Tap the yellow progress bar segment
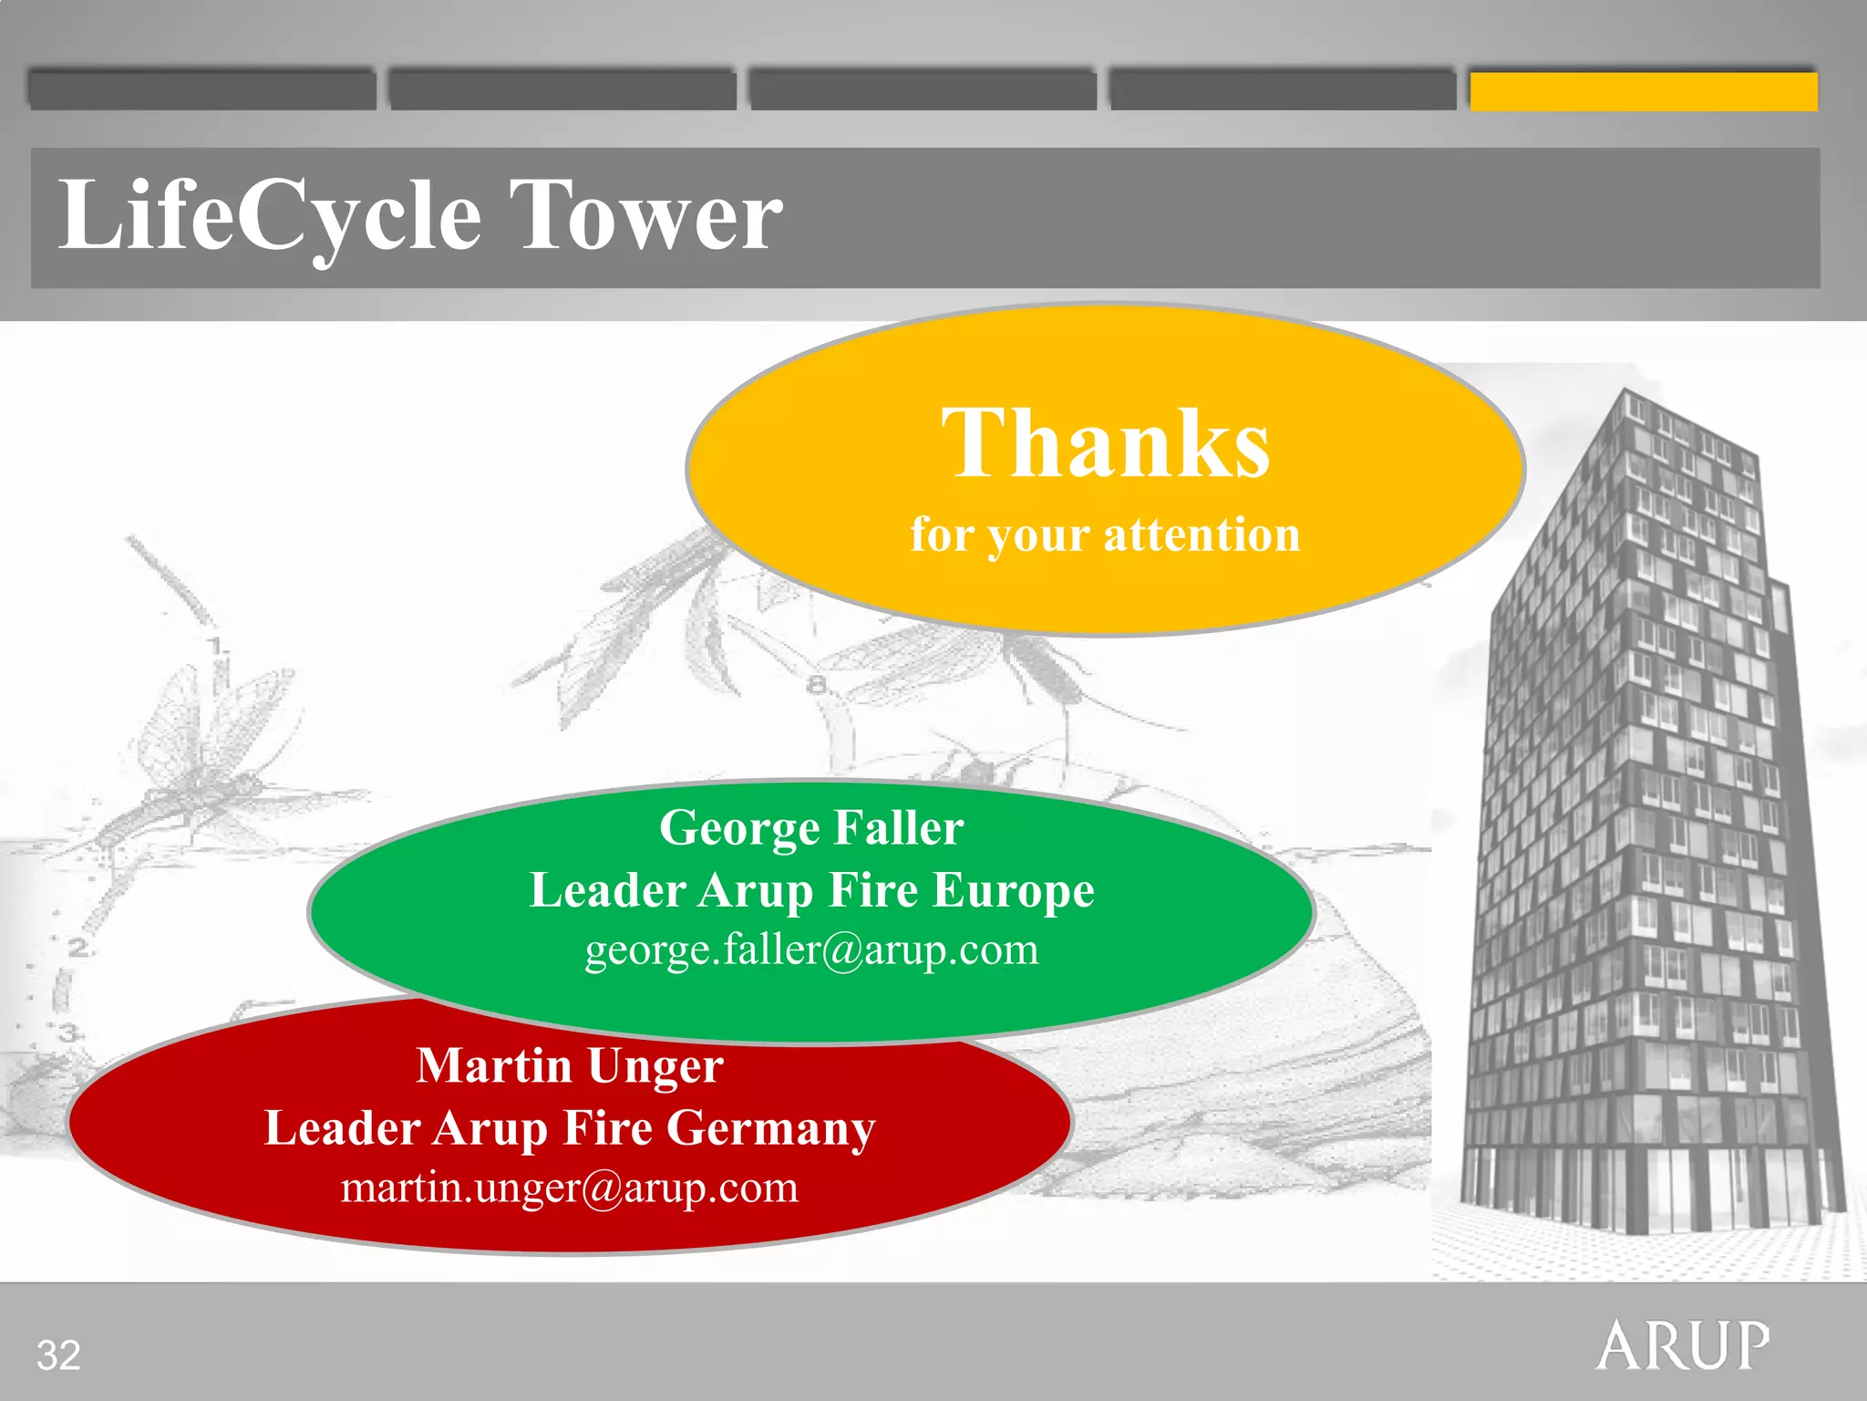click(1643, 91)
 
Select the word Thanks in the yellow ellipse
click(1105, 443)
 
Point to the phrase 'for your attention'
click(1105, 534)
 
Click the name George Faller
click(811, 828)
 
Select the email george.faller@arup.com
click(811, 950)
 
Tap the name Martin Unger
click(570, 1065)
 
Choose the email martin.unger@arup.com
click(570, 1188)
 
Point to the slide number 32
click(58, 1355)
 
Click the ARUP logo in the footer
click(1683, 1346)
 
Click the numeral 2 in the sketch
click(78, 949)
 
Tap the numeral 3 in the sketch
click(70, 1033)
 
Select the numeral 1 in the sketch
click(216, 647)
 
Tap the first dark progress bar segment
click(201, 89)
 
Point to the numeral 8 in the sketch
click(816, 684)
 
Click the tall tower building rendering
click(1632, 821)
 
